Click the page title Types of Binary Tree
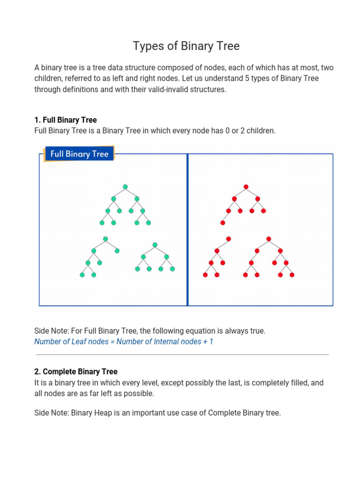point(186,46)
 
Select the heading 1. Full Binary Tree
point(66,120)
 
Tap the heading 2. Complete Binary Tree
point(76,372)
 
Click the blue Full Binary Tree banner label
point(79,154)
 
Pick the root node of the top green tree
point(125,187)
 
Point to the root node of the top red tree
point(246,187)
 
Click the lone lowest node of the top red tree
point(223,223)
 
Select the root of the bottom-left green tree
point(105,239)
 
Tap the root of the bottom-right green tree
point(155,245)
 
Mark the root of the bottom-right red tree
point(269,239)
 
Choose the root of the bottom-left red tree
point(228,239)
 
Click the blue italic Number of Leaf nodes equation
point(124,342)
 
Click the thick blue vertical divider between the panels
point(187,230)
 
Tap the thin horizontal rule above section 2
point(182,355)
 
